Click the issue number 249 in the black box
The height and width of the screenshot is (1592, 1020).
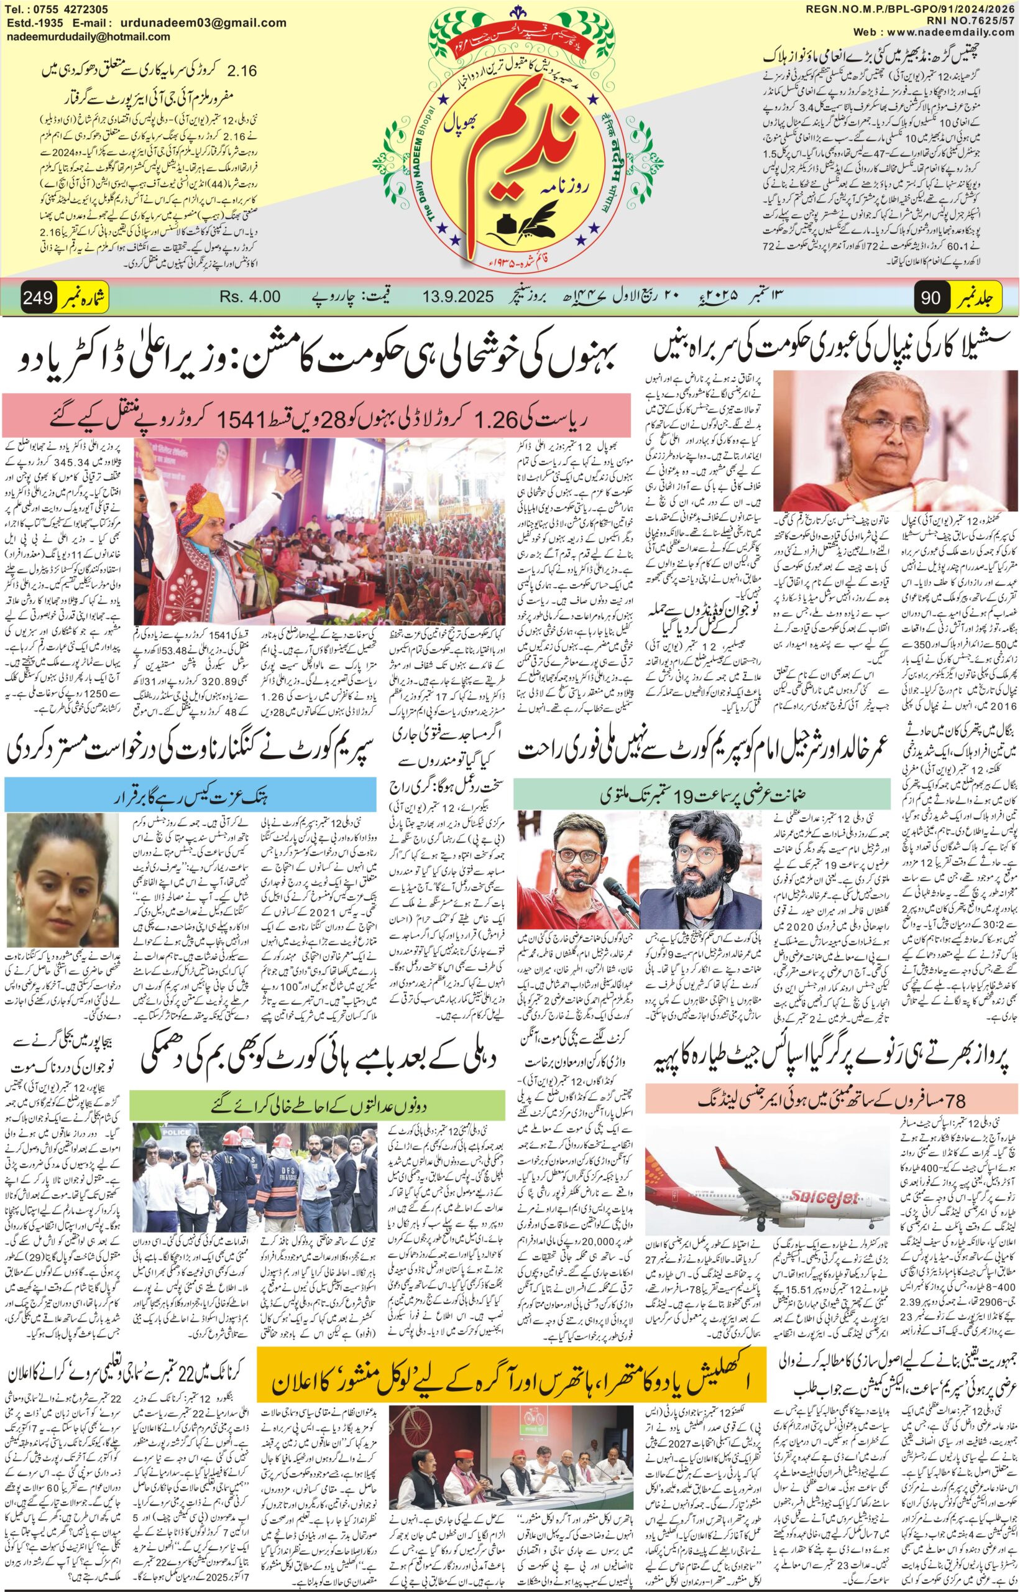pyautogui.click(x=38, y=297)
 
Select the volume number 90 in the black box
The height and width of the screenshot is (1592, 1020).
pyautogui.click(x=930, y=297)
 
